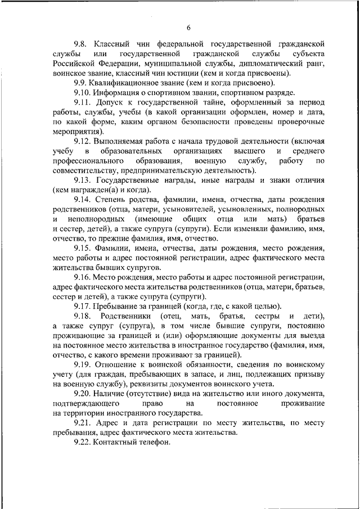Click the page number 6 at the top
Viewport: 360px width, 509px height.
coord(189,28)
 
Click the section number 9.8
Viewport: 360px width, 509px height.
coord(82,43)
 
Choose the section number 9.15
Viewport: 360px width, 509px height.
coord(82,248)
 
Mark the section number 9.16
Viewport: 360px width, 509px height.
coord(82,277)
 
